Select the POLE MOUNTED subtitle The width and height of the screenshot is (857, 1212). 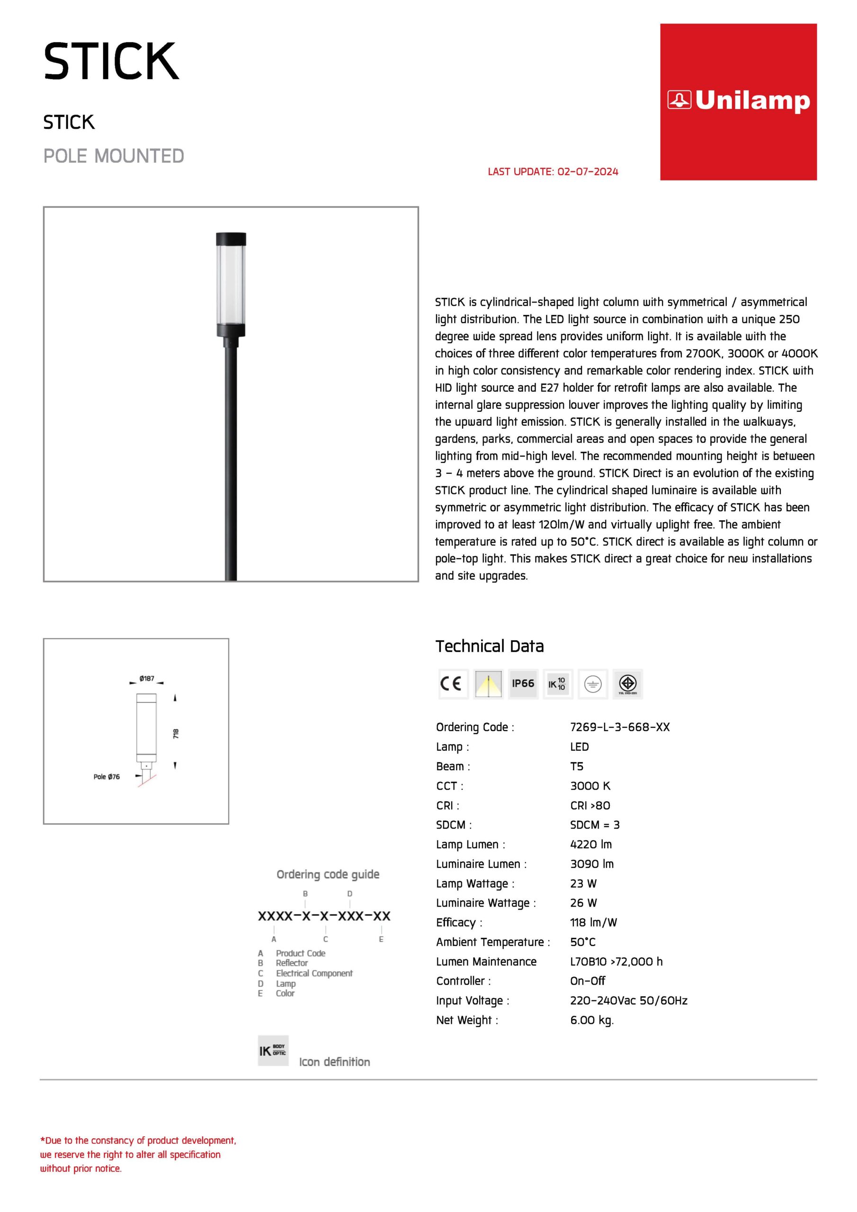tap(114, 156)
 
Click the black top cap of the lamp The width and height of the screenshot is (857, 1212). tap(231, 239)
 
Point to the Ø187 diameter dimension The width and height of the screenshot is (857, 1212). tap(147, 678)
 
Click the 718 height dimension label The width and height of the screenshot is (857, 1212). tap(176, 733)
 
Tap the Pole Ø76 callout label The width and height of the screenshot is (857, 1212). tap(107, 776)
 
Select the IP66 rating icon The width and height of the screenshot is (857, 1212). tap(523, 684)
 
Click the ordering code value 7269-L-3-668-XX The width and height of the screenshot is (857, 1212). tap(619, 727)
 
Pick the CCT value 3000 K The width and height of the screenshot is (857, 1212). tap(590, 785)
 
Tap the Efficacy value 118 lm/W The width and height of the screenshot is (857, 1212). tap(593, 922)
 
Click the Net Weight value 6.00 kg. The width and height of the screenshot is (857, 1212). tap(591, 1020)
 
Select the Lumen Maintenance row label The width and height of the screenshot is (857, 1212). tap(486, 961)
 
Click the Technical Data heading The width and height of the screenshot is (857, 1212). tap(489, 646)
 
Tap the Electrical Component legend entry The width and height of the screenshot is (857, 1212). tap(313, 973)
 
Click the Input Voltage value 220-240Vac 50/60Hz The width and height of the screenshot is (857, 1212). tap(628, 1000)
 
